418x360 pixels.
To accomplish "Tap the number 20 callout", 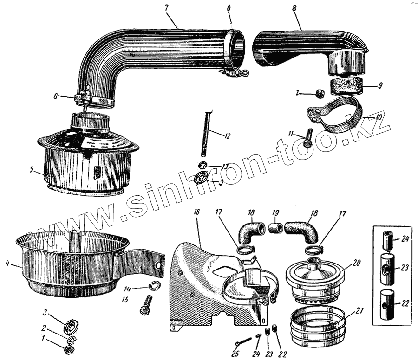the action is click(x=356, y=262).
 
